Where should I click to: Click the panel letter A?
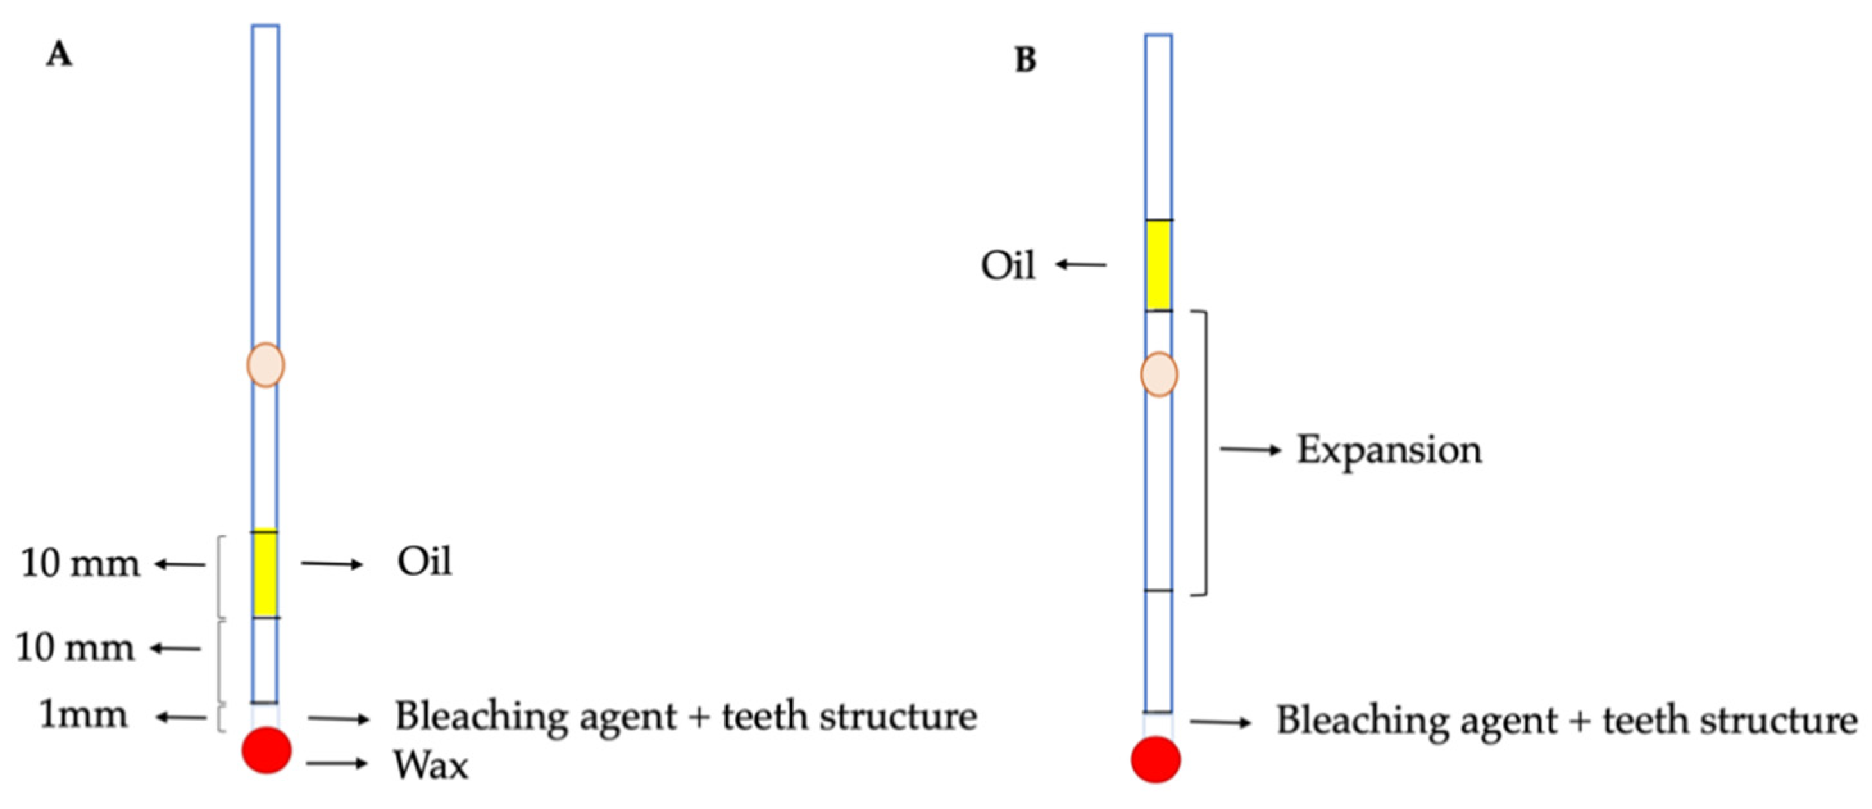coord(59,54)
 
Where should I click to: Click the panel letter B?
coord(1024,60)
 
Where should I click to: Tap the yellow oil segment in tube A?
coord(265,574)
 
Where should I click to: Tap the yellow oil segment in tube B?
coord(1158,265)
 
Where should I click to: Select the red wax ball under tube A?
coord(267,749)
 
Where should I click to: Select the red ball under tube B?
coord(1155,759)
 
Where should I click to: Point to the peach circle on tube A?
coord(266,365)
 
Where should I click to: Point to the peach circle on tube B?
coord(1158,374)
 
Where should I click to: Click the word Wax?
coord(431,765)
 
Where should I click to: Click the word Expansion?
coord(1389,450)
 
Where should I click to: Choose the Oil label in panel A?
coord(424,562)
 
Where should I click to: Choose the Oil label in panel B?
coord(1008,266)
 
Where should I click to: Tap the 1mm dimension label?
coord(83,716)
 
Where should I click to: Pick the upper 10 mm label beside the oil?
coord(80,564)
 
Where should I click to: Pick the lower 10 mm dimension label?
coord(76,648)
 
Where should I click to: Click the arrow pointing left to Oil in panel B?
coord(1082,265)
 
